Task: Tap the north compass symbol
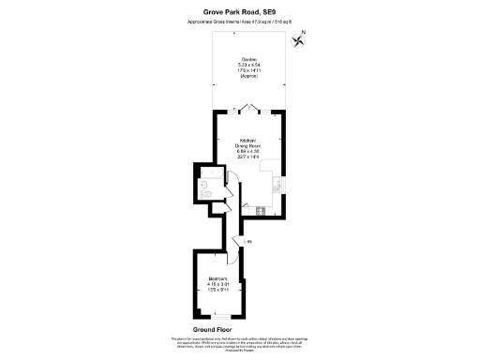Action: click(299, 39)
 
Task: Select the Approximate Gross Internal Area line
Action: click(239, 22)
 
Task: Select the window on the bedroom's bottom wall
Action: click(217, 316)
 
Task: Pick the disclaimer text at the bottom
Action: click(239, 342)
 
